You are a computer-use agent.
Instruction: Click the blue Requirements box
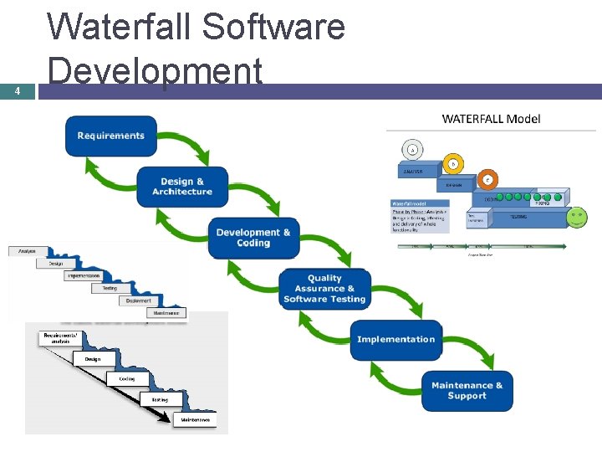(111, 136)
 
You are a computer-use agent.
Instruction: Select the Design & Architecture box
(182, 186)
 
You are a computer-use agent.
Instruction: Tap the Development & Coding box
(253, 238)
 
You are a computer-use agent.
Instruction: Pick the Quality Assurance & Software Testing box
(324, 289)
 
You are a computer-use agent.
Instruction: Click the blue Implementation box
(395, 339)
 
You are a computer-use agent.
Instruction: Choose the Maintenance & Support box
(467, 391)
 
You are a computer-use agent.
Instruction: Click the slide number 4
(18, 92)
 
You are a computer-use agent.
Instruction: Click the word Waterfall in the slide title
(122, 27)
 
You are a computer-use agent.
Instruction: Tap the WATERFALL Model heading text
(491, 119)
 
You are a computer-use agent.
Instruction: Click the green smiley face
(577, 218)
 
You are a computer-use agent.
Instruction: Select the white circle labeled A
(411, 150)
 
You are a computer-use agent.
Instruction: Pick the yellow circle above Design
(453, 165)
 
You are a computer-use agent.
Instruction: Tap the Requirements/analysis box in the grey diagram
(58, 338)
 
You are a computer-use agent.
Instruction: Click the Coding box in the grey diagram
(126, 378)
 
